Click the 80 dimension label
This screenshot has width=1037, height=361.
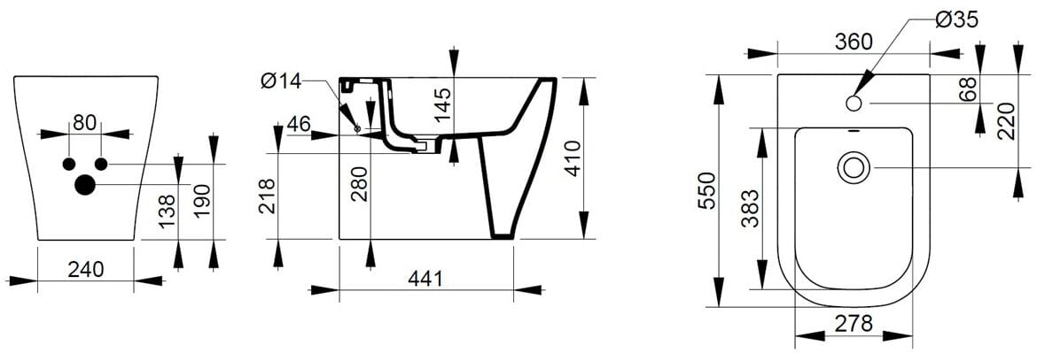tap(85, 123)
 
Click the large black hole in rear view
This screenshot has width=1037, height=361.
tap(86, 184)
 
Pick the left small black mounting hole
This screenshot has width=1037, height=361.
tap(69, 164)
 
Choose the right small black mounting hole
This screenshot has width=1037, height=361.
tap(101, 164)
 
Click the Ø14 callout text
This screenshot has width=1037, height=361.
tap(281, 82)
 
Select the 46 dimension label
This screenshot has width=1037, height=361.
tap(299, 124)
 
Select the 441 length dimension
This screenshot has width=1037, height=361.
tap(426, 278)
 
